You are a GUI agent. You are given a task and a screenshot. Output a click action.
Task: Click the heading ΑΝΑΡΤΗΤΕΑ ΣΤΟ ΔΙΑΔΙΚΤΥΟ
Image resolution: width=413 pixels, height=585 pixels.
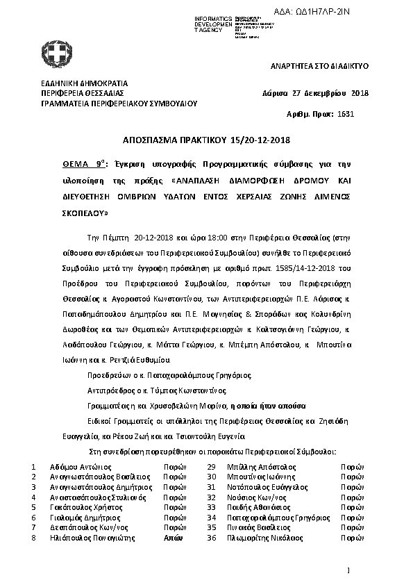tap(319, 65)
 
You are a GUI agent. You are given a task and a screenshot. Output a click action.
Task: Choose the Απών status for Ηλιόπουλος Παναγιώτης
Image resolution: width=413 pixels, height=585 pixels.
tap(173, 538)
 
